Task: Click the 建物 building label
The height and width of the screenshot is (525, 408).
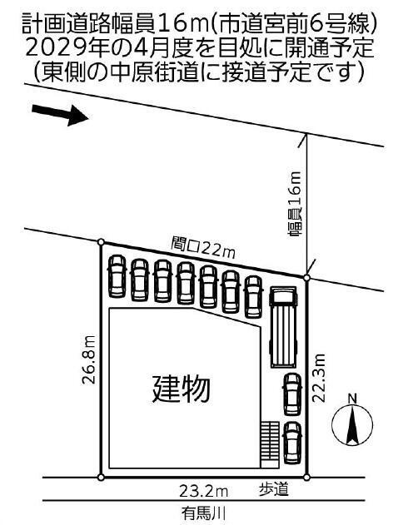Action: click(182, 389)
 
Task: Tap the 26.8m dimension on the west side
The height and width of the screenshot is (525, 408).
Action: click(89, 359)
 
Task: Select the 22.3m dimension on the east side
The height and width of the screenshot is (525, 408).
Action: click(319, 378)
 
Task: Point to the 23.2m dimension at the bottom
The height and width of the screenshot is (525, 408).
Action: click(203, 492)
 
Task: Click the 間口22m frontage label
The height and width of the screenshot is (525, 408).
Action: click(203, 249)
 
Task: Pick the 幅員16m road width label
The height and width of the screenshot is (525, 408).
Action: click(295, 205)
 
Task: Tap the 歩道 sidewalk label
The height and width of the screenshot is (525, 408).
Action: click(274, 490)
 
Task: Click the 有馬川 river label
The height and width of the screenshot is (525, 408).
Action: click(203, 513)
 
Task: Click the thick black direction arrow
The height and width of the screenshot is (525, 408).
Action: click(60, 115)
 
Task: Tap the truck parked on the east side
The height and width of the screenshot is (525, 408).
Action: click(283, 327)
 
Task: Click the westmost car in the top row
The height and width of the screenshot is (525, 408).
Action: click(117, 276)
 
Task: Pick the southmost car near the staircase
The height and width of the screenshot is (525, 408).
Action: click(292, 443)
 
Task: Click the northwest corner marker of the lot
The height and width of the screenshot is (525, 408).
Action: click(101, 242)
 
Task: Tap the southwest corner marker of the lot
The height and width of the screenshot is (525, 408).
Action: click(101, 477)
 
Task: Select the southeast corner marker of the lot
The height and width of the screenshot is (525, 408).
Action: click(306, 477)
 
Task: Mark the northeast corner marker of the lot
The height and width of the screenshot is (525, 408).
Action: click(306, 278)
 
